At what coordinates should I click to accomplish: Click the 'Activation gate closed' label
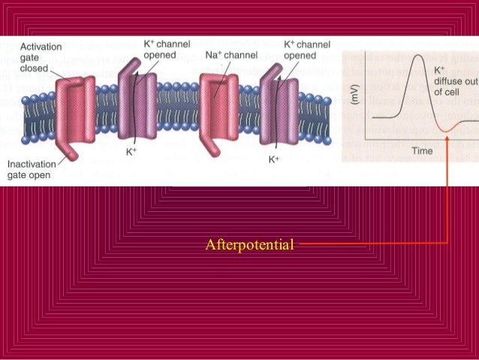[28, 57]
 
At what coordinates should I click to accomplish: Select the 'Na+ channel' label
[231, 55]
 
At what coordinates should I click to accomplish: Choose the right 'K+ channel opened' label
[307, 49]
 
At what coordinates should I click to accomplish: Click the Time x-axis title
[422, 150]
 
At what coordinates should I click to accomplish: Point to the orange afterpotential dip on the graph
[446, 130]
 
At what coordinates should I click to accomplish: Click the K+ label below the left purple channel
[131, 151]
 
